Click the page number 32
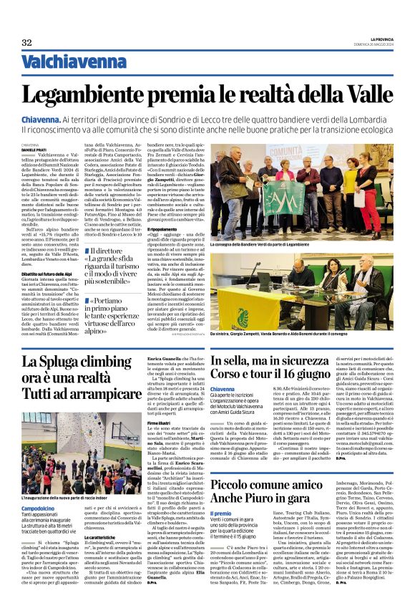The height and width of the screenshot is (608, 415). [26, 43]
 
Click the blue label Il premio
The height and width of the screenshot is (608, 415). [221, 513]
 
